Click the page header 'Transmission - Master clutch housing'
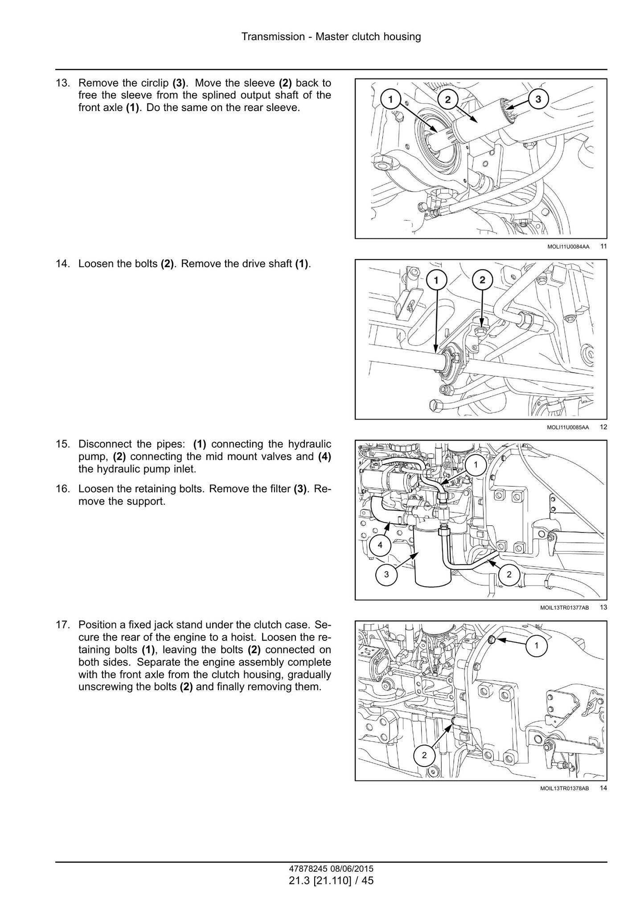click(x=331, y=37)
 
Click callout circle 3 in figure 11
click(x=538, y=99)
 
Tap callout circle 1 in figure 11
click(x=390, y=99)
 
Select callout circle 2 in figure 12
click(x=482, y=280)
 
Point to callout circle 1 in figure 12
click(x=436, y=280)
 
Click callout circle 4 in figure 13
click(x=380, y=545)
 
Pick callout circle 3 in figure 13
click(x=386, y=574)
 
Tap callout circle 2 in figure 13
click(x=509, y=574)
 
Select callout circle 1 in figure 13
click(x=476, y=465)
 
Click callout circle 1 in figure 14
click(x=536, y=645)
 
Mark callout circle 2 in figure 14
click(x=424, y=755)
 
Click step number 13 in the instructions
click(x=62, y=83)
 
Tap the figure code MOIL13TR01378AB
click(x=565, y=788)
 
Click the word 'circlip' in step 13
click(x=155, y=83)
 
